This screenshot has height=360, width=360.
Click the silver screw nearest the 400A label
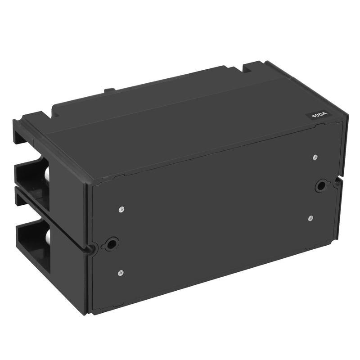click(315, 157)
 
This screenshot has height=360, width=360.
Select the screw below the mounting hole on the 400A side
click(311, 218)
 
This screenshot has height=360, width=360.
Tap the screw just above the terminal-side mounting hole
click(121, 209)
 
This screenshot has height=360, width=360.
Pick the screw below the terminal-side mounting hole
click(121, 273)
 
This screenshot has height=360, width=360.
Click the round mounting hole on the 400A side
click(321, 185)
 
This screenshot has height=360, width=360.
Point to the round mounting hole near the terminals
click(110, 244)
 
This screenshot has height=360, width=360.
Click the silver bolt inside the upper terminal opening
click(46, 177)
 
